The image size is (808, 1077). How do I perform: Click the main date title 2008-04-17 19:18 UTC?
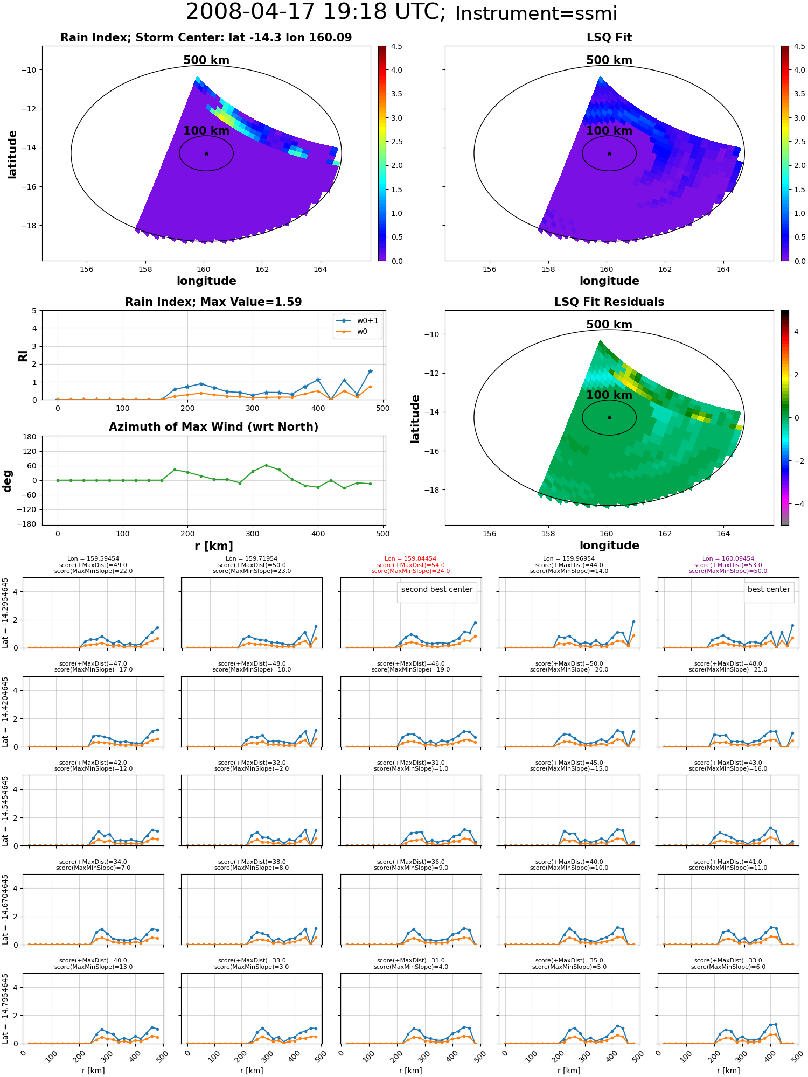coord(316,12)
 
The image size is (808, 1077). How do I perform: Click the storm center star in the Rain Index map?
coord(206,153)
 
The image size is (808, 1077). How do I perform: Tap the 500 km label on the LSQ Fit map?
coord(609,60)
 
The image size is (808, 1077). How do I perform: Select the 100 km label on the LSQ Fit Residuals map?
coord(609,395)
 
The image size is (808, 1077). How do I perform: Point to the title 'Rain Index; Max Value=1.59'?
coord(213,302)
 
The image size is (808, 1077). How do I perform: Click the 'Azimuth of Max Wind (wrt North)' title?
coord(213,427)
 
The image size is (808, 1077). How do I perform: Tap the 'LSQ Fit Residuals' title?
coord(609,302)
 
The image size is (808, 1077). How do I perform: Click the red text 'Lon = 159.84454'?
coord(410,559)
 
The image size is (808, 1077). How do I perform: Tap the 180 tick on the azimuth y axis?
coord(30,437)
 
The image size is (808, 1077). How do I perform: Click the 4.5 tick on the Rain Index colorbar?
coord(396,47)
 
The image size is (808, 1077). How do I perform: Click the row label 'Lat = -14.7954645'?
coord(5,1008)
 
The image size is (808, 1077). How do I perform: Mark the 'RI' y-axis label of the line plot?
coord(23,356)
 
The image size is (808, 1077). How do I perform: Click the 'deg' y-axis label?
coord(8,481)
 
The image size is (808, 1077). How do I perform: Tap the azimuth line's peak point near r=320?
coord(266,465)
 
